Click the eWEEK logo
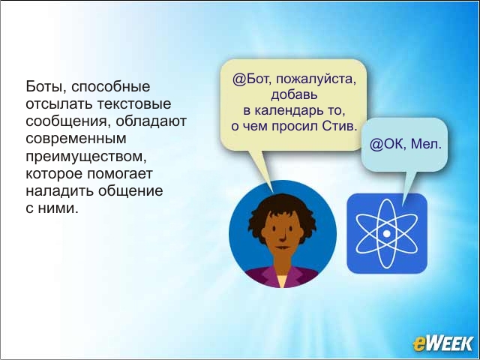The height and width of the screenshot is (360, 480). click(x=442, y=343)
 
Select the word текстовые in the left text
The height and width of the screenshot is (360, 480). click(x=134, y=103)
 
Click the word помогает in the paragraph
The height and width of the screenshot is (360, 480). click(x=120, y=173)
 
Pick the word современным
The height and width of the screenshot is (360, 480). click(x=76, y=139)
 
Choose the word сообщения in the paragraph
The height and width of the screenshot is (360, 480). click(x=68, y=121)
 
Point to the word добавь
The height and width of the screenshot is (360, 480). click(x=294, y=94)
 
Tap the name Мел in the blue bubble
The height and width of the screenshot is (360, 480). click(x=427, y=143)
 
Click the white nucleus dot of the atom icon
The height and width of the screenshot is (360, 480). click(x=387, y=233)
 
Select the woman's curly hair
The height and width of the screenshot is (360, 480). click(x=282, y=211)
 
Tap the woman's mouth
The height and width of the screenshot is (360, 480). click(x=282, y=247)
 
